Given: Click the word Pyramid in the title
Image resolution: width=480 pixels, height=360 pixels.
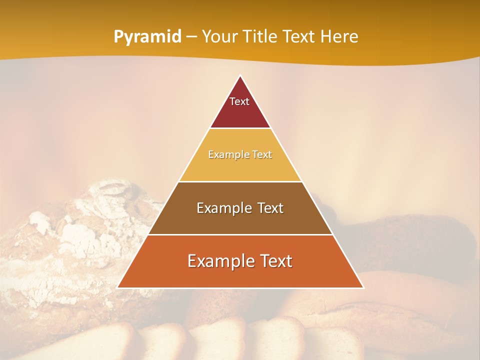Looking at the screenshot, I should pyautogui.click(x=147, y=37).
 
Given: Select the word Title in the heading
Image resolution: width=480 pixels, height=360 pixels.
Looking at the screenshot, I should pyautogui.click(x=260, y=37).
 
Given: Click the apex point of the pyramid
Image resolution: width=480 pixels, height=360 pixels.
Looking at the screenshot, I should pyautogui.click(x=240, y=76).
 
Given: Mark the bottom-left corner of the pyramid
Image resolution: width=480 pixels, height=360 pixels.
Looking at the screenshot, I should pyautogui.click(x=118, y=287).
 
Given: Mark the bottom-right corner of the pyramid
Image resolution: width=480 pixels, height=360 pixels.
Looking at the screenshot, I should pyautogui.click(x=362, y=287).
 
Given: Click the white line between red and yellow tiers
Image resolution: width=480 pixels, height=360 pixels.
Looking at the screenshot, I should pyautogui.click(x=240, y=128).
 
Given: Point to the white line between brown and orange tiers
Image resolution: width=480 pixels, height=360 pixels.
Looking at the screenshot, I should pyautogui.click(x=240, y=234).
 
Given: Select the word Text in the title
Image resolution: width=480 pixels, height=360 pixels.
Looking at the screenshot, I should pyautogui.click(x=300, y=37).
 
